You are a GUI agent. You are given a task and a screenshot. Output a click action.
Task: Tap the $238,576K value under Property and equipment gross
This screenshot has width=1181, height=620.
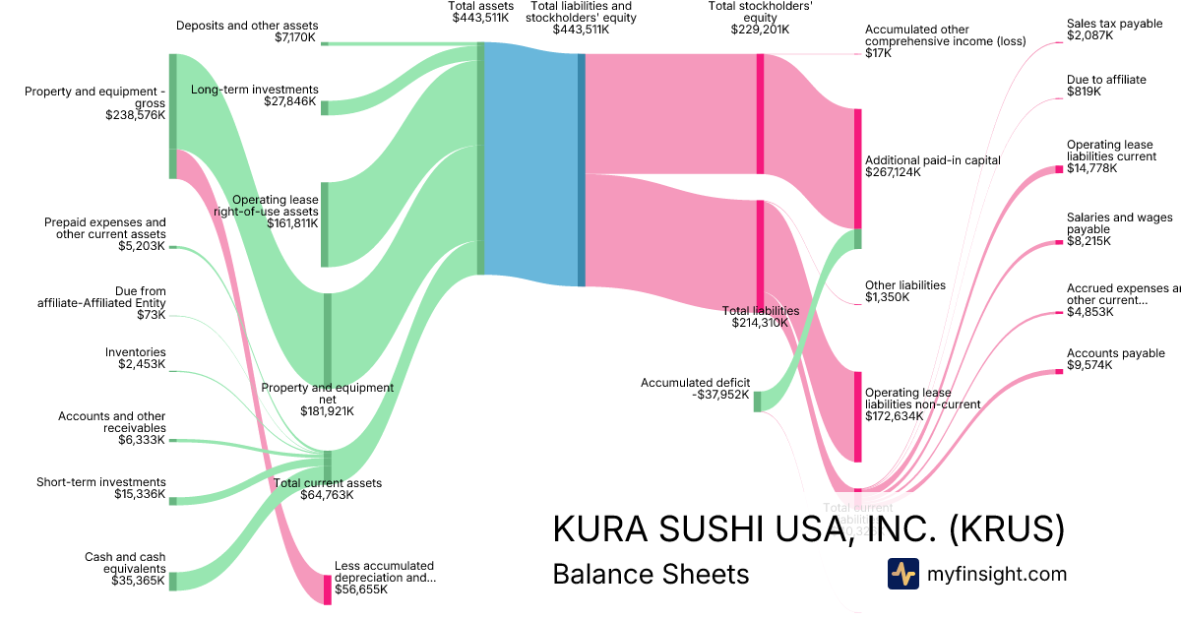pyautogui.click(x=136, y=115)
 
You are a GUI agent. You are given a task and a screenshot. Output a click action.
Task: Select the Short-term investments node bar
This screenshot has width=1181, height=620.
pyautogui.click(x=172, y=501)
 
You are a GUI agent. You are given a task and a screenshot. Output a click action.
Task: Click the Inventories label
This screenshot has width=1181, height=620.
pyautogui.click(x=136, y=352)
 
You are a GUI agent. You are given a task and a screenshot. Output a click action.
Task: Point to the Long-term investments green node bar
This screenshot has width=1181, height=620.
pyautogui.click(x=325, y=107)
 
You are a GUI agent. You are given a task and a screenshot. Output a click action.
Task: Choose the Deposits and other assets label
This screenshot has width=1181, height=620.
pyautogui.click(x=247, y=26)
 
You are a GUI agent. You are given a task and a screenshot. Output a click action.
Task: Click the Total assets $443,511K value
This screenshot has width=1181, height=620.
pyautogui.click(x=482, y=18)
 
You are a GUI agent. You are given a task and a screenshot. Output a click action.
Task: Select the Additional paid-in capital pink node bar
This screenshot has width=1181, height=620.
pyautogui.click(x=857, y=168)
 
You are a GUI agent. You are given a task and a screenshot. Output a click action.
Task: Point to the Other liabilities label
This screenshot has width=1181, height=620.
pyautogui.click(x=904, y=285)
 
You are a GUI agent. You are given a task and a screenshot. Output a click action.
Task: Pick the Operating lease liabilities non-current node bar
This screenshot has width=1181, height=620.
pyautogui.click(x=857, y=416)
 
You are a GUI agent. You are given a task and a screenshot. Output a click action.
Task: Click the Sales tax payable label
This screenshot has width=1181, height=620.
pyautogui.click(x=1114, y=24)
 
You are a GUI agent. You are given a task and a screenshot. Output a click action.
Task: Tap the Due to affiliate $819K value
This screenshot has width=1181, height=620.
pyautogui.click(x=1084, y=92)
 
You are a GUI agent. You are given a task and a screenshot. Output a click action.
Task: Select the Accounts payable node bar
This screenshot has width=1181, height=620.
pyautogui.click(x=1059, y=373)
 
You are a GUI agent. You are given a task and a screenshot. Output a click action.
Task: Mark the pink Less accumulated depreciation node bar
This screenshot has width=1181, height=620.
pyautogui.click(x=328, y=589)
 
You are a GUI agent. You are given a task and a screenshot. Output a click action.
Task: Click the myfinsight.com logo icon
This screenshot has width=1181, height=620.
pyautogui.click(x=902, y=574)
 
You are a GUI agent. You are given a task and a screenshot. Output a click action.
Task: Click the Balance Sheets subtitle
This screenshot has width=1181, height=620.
pyautogui.click(x=651, y=574)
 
